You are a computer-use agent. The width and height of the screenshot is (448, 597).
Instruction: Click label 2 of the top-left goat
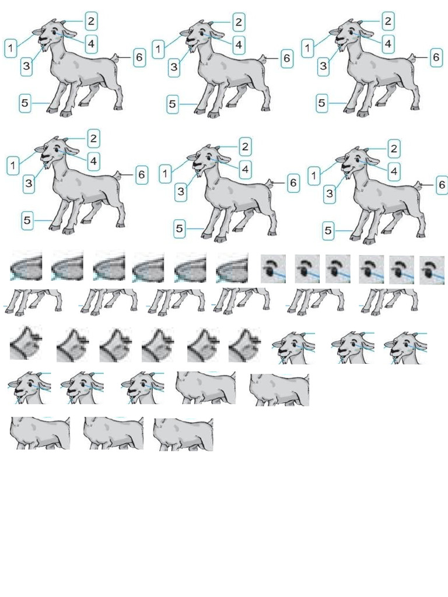pos(91,21)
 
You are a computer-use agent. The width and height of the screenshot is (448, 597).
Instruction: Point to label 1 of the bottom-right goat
pos(316,174)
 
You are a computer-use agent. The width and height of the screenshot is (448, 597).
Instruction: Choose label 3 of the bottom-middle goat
pos(181,190)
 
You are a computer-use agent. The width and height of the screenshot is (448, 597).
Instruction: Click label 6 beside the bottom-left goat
pos(142,174)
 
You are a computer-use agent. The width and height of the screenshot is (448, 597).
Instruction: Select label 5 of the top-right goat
pos(322,104)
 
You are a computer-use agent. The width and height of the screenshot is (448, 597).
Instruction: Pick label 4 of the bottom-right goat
pos(394,171)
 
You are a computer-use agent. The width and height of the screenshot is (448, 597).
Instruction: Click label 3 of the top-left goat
pos(26,66)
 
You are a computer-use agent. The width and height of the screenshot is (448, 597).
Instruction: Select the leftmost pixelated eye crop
pos(272,268)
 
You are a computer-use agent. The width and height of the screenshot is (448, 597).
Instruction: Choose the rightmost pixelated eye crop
pos(432,269)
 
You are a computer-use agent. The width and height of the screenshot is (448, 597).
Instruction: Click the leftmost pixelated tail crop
pos(24,344)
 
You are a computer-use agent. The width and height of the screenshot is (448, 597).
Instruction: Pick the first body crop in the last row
pos(40,433)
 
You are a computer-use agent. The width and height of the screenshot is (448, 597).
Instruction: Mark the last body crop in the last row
pos(183,433)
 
